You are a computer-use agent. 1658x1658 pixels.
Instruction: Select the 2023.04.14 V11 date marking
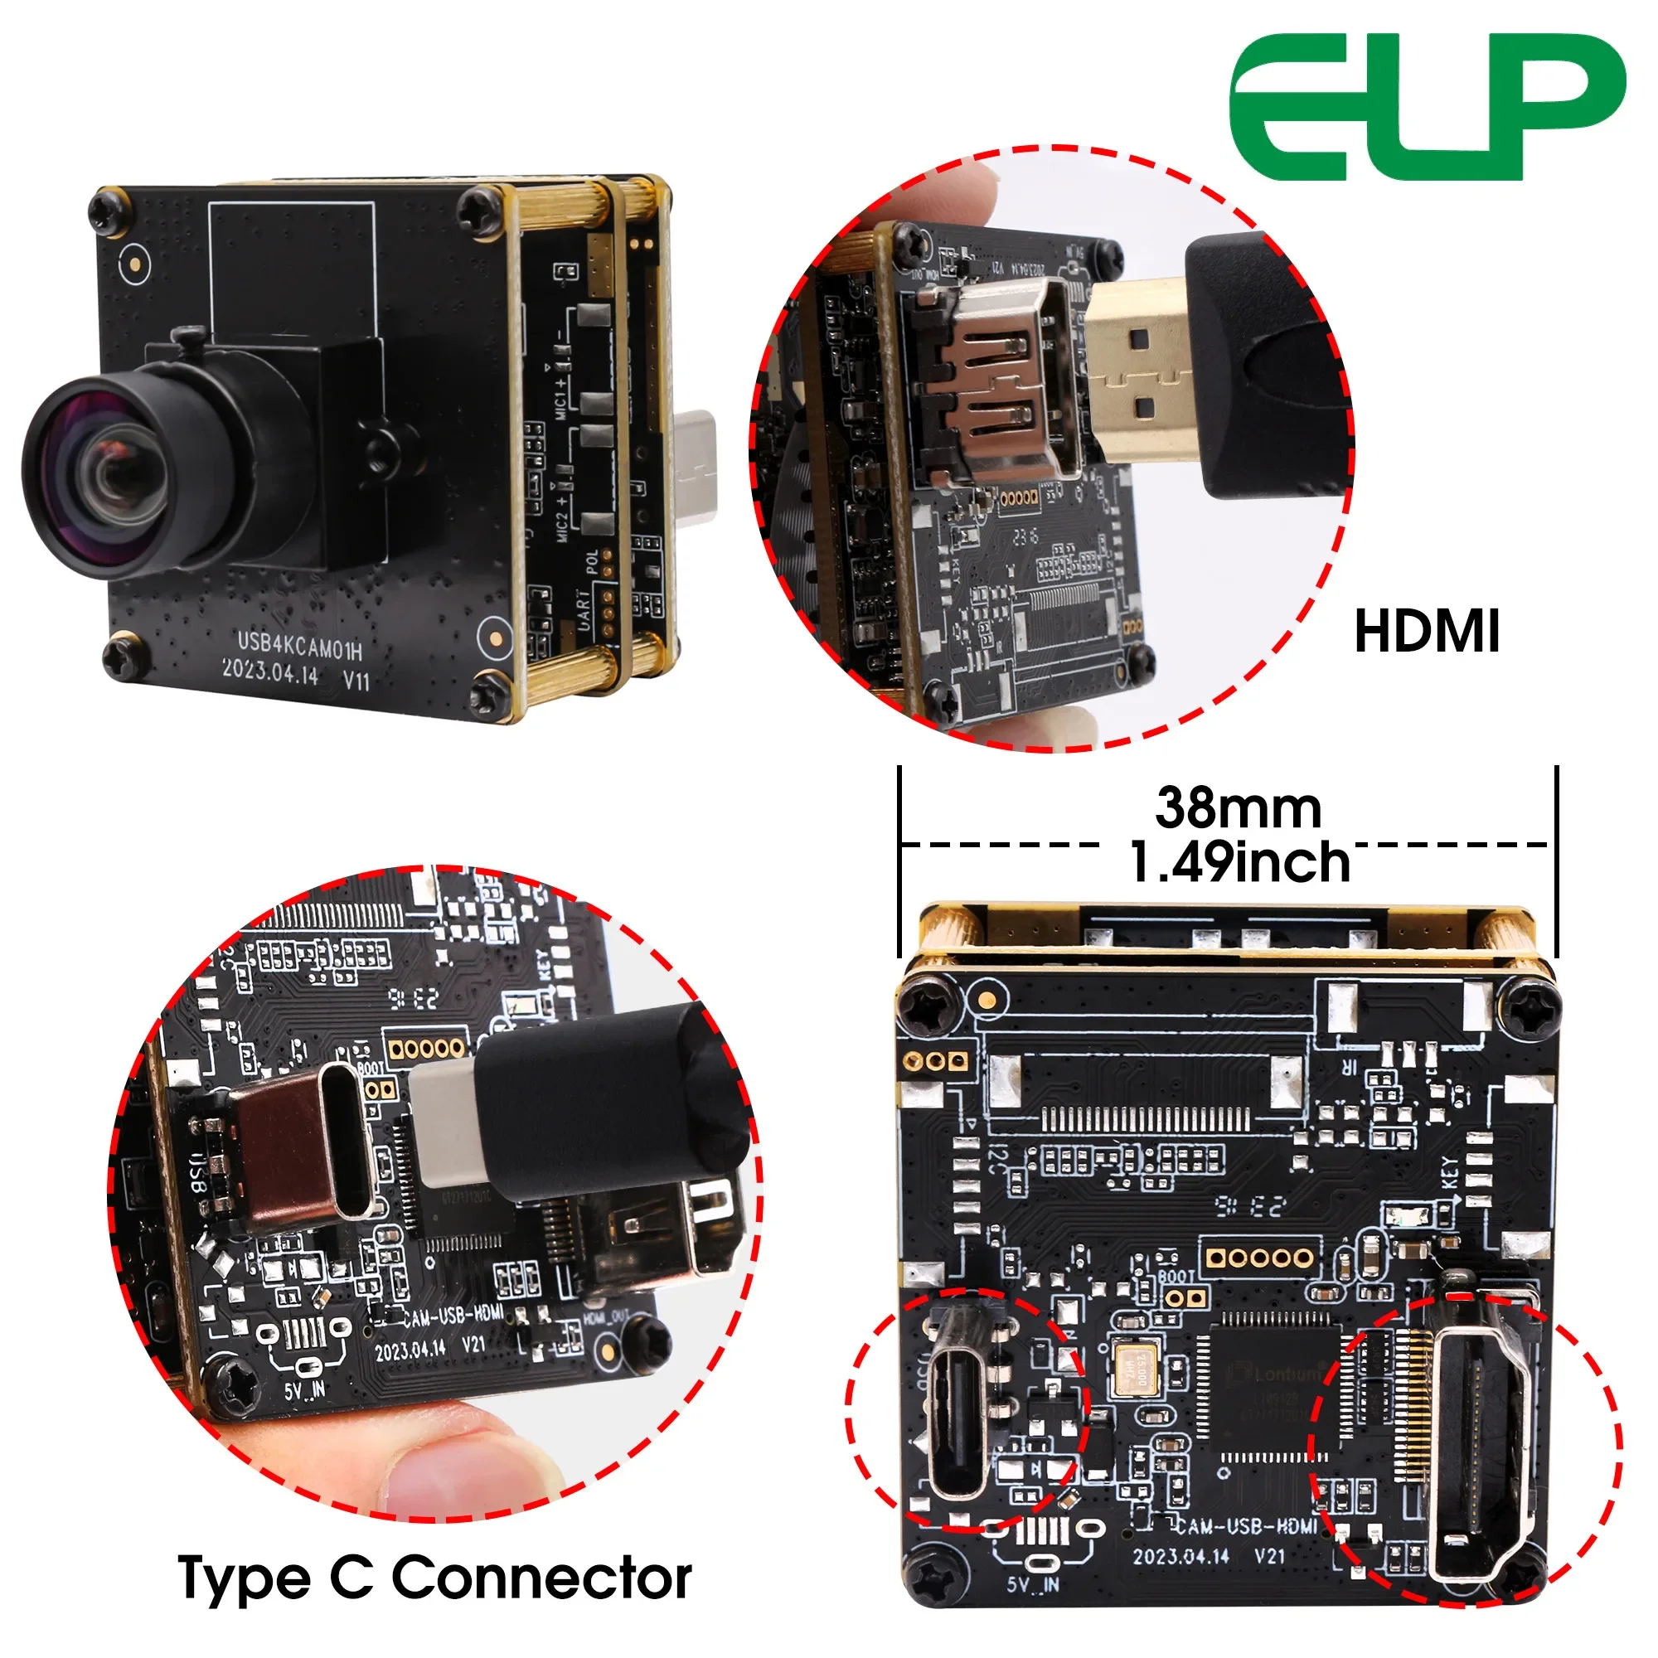pyautogui.click(x=296, y=675)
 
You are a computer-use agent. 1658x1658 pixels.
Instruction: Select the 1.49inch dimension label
pyautogui.click(x=1239, y=862)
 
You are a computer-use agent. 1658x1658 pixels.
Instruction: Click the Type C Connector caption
pyautogui.click(x=434, y=1577)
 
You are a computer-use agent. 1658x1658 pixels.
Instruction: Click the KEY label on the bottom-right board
pyautogui.click(x=1449, y=1172)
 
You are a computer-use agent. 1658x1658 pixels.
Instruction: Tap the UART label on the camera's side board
pyautogui.click(x=584, y=610)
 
